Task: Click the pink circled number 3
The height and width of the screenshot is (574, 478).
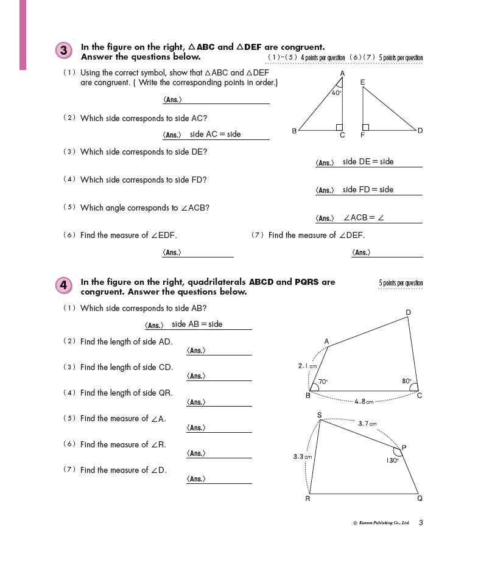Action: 64,51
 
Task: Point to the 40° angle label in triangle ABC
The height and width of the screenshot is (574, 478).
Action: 336,93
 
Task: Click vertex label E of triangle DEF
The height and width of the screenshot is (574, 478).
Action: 362,82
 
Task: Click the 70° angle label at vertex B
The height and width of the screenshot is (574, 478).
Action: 323,382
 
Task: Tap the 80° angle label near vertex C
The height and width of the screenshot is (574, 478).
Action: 406,381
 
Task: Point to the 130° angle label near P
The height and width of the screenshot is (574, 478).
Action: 392,461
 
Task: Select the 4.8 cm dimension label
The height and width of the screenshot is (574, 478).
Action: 364,401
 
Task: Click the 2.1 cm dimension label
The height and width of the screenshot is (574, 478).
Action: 308,366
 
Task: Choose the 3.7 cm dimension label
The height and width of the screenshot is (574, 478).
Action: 367,423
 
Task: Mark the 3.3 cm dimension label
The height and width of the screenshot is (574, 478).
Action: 303,456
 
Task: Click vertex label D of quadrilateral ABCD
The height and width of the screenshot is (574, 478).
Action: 408,313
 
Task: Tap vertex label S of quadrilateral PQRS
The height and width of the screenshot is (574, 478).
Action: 319,415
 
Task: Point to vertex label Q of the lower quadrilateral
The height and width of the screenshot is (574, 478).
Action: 420,499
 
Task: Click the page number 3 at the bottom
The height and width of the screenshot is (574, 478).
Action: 421,522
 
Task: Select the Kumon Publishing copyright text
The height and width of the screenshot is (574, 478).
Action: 381,523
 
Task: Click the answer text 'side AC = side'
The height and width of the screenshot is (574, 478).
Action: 215,134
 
